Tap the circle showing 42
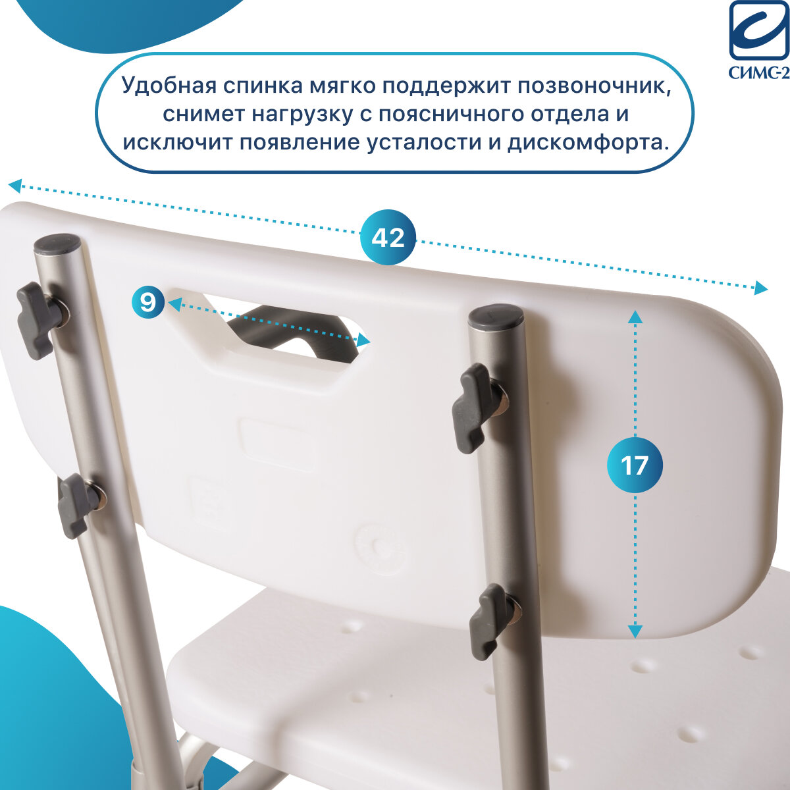click(388, 237)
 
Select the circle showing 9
click(148, 302)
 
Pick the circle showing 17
click(635, 465)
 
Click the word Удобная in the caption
click(169, 86)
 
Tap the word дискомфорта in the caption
click(585, 143)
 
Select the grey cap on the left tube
click(57, 243)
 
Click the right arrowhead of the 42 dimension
click(761, 288)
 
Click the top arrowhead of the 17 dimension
click(635, 317)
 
